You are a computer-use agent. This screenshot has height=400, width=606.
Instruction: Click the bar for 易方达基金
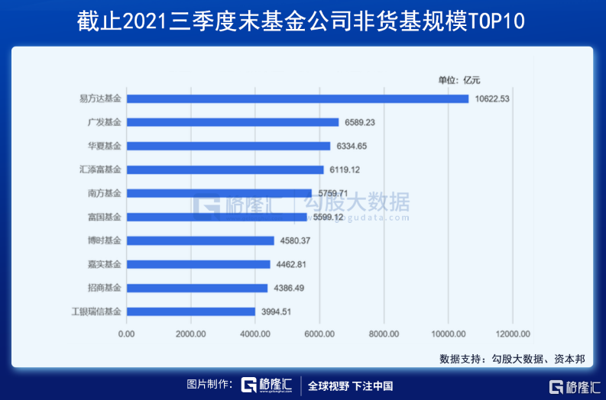pyautogui.click(x=297, y=98)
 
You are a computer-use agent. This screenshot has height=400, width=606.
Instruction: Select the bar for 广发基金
pyautogui.click(x=232, y=122)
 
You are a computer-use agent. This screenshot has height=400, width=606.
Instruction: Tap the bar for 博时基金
pyautogui.click(x=199, y=240)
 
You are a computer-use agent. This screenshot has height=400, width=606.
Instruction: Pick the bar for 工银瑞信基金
pyautogui.click(x=190, y=311)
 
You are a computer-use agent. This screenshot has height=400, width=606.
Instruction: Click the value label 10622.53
pyautogui.click(x=492, y=98)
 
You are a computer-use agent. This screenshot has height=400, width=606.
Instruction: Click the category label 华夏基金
pyautogui.click(x=105, y=146)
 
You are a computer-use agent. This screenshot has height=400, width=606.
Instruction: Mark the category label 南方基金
pyautogui.click(x=105, y=193)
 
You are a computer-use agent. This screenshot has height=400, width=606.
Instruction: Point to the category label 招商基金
pyautogui.click(x=105, y=288)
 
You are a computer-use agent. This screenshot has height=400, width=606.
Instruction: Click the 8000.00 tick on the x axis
pyautogui.click(x=384, y=334)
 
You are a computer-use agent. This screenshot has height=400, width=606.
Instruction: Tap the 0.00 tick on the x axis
pyautogui.click(x=126, y=334)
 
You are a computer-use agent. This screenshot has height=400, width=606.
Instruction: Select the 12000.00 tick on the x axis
pyautogui.click(x=512, y=334)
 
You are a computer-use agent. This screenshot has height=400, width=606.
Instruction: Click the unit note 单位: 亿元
pyautogui.click(x=459, y=79)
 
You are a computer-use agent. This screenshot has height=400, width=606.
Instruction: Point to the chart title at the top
pyautogui.click(x=302, y=21)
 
